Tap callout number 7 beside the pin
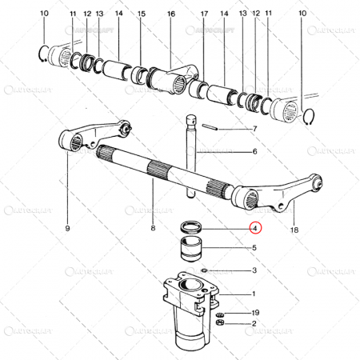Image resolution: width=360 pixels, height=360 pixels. (254, 130)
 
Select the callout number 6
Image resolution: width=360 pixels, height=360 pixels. (254, 151)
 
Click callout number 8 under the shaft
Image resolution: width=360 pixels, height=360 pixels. (153, 229)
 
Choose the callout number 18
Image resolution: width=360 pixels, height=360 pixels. (294, 229)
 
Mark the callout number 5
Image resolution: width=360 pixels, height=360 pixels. (254, 248)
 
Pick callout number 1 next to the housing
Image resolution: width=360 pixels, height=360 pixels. (254, 294)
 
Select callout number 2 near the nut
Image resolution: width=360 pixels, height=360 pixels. (254, 324)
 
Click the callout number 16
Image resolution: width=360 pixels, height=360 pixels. (170, 14)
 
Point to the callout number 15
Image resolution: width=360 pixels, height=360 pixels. (142, 14)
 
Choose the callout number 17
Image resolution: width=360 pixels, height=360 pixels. (205, 14)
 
